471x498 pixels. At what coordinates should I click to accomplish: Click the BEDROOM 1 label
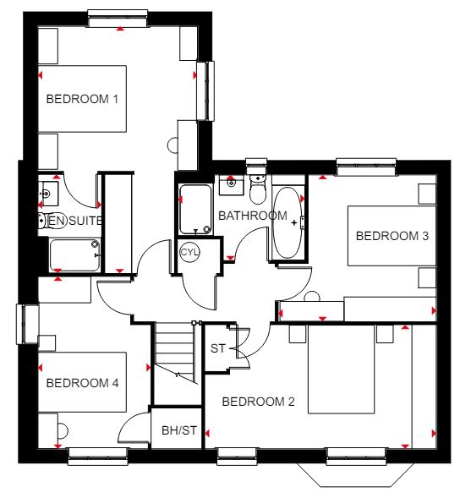coord(82,99)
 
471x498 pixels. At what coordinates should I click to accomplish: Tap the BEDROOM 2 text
coord(258,402)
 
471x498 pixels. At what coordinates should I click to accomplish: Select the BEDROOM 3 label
coord(392,236)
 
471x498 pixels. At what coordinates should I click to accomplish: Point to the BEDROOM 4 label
coord(82,383)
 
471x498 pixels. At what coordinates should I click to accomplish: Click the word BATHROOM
coord(253,216)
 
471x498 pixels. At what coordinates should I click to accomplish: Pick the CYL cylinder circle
coord(189,252)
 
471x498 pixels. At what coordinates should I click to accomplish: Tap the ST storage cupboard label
coord(218,348)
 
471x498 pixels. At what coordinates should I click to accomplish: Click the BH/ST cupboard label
coord(179,430)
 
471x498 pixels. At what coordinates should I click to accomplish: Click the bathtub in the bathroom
coord(288,222)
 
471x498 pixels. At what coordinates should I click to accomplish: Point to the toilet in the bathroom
coord(258,189)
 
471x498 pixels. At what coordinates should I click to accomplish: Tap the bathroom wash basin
coord(231,185)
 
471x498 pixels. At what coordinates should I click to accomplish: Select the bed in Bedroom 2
coord(342,369)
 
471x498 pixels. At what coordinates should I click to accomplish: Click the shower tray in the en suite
coord(75,255)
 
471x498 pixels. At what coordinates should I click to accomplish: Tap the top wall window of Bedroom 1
coord(118,19)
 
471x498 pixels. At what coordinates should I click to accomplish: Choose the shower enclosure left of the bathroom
coord(195,210)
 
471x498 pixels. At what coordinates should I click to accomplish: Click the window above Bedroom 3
coord(366,167)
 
